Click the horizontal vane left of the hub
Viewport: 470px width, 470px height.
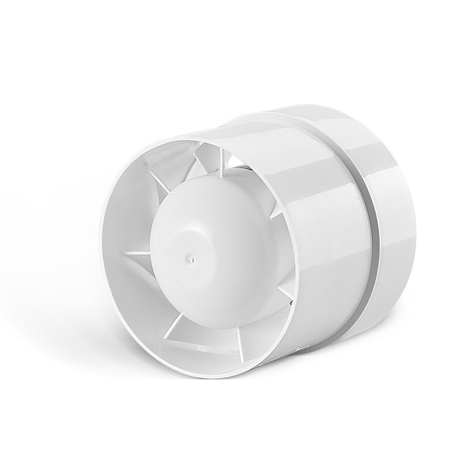coord(136,253)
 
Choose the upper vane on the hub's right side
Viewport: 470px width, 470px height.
coord(277,214)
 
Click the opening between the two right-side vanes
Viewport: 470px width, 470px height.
coord(286,253)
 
